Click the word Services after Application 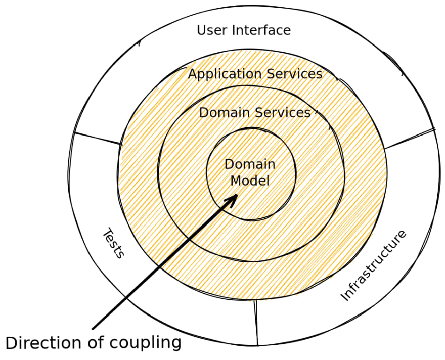point(295,74)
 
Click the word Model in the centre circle point(250,181)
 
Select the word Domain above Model point(250,164)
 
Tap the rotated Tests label point(114,244)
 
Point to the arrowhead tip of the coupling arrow point(237,195)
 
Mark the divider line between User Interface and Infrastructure point(410,139)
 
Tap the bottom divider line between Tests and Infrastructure point(256,322)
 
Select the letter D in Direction point(11,343)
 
